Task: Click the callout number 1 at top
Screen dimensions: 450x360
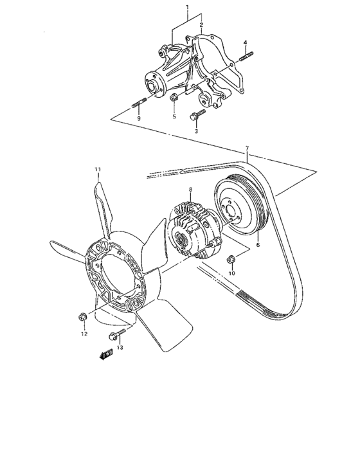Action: [x=187, y=9]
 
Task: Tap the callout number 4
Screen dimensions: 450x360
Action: [x=245, y=42]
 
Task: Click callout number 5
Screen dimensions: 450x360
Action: [x=174, y=117]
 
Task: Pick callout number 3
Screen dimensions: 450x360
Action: [x=197, y=131]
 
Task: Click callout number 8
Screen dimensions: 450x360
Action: [x=190, y=189]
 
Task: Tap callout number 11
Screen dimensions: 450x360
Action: [x=97, y=169]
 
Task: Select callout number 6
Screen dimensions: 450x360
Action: [x=258, y=245]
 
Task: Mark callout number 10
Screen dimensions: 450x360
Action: [x=233, y=273]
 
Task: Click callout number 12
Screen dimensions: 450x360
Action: [x=84, y=334]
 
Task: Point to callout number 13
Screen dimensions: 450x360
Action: [x=120, y=347]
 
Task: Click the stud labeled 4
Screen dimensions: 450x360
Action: [x=245, y=60]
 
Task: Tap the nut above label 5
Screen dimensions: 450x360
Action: [x=174, y=98]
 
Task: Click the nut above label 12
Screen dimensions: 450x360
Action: [x=83, y=316]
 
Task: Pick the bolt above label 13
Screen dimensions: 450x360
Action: [x=120, y=333]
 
